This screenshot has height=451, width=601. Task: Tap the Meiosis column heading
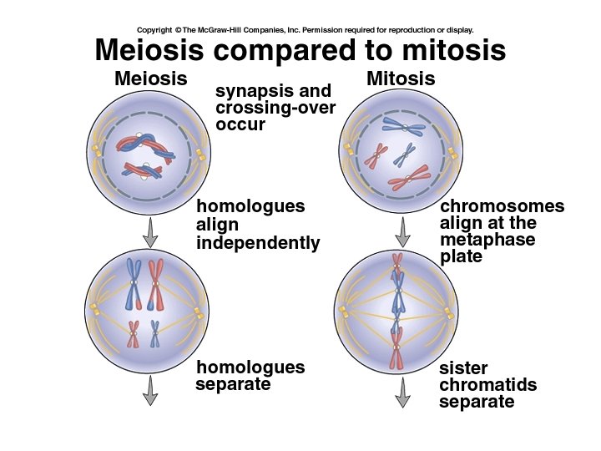(x=150, y=79)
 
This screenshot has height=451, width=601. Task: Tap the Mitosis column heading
(x=401, y=79)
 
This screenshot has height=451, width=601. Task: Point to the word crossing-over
(x=275, y=108)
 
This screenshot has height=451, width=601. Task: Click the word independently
(x=258, y=243)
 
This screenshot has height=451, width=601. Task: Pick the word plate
(x=461, y=257)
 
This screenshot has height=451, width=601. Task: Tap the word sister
(x=463, y=368)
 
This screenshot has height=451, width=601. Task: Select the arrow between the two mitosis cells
(x=402, y=231)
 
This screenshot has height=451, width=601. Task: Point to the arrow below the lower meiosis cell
(x=150, y=389)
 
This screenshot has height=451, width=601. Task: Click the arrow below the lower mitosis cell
(x=402, y=391)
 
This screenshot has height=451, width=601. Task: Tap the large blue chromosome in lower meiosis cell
(x=133, y=283)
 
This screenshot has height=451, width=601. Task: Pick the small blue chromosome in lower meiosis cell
(x=154, y=333)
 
